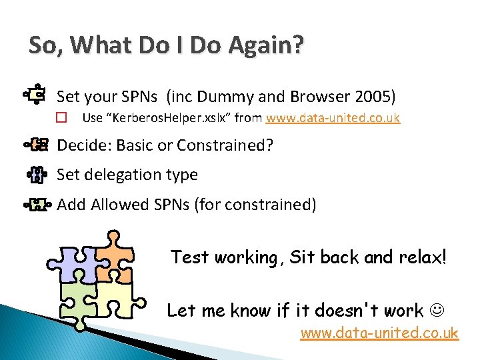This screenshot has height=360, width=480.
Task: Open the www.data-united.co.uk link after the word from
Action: pyautogui.click(x=333, y=119)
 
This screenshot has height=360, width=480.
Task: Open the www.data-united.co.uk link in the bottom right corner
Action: pyautogui.click(x=379, y=333)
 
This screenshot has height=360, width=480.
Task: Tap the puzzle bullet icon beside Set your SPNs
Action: pyautogui.click(x=36, y=95)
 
